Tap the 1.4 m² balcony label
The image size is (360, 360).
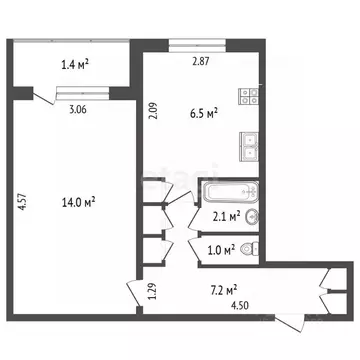[x=76, y=65]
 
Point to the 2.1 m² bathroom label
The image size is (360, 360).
[x=222, y=215]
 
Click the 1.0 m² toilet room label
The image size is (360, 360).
[x=221, y=250]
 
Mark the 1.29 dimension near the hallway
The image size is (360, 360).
[x=152, y=292]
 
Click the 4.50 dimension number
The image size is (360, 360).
[x=241, y=307]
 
